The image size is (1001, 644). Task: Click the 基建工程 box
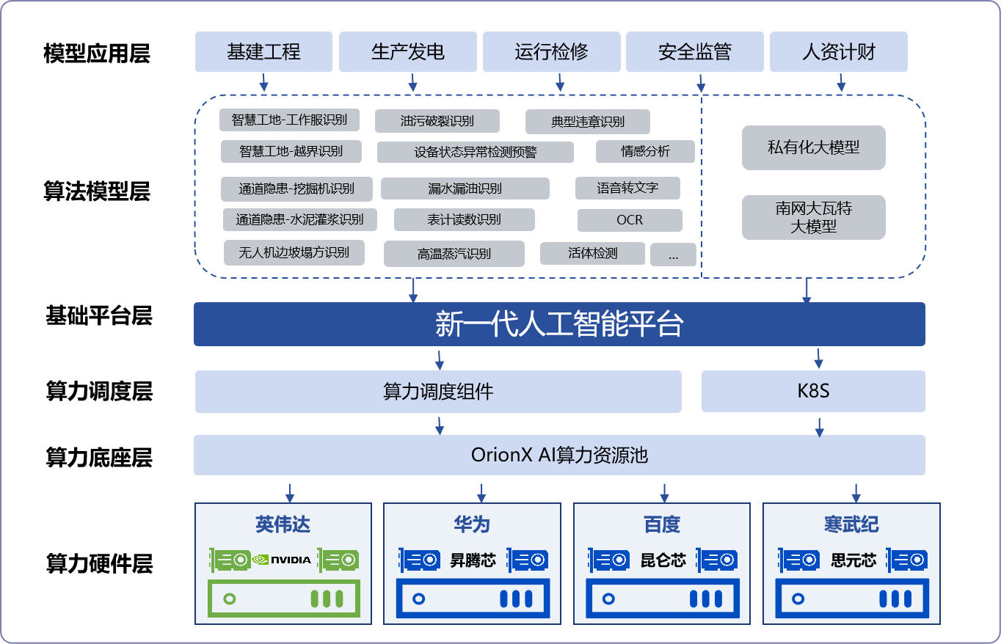tap(263, 52)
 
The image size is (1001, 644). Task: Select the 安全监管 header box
tap(694, 52)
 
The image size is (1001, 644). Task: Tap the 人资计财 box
tap(838, 52)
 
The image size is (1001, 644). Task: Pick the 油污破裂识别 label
tap(437, 121)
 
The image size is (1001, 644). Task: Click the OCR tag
tap(630, 220)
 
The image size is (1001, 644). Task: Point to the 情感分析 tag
tap(645, 152)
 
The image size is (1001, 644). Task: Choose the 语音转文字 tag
tap(627, 189)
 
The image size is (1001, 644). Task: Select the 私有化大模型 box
tap(813, 147)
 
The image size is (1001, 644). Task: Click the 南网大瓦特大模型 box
tap(813, 217)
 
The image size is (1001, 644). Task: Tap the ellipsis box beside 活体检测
tap(673, 255)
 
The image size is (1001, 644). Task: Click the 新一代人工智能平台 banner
tap(559, 323)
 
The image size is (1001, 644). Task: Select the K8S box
tap(813, 391)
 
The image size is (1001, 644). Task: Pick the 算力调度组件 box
tap(438, 391)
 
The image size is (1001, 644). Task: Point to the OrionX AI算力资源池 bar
tap(559, 455)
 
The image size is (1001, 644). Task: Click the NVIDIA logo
tap(283, 560)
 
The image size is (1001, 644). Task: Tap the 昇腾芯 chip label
tap(473, 560)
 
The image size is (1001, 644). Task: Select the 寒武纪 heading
tap(851, 524)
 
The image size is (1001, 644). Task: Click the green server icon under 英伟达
tap(283, 599)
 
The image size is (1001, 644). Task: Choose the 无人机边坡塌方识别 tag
tap(294, 253)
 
